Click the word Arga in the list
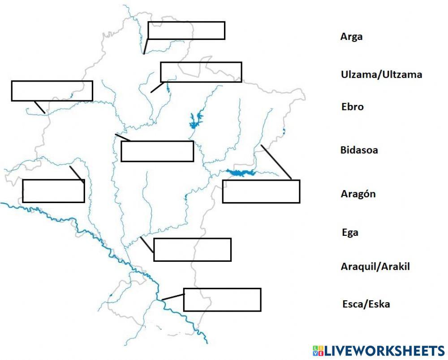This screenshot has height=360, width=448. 351,37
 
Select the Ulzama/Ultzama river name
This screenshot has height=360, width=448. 381,74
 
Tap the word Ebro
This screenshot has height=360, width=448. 352,107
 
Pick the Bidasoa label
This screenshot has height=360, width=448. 359,150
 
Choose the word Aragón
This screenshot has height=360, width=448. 358,194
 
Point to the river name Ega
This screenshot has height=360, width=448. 350,233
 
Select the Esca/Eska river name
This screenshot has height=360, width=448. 366,304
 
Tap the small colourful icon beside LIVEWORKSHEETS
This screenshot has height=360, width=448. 318,351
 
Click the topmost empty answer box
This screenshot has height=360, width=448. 186,30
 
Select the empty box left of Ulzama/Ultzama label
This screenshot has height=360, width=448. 201,72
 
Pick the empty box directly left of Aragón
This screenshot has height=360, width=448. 261,191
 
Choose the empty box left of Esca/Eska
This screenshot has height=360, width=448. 222,300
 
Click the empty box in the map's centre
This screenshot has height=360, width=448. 157,151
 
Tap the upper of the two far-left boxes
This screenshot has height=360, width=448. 52,91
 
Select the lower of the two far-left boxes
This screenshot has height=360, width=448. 53,191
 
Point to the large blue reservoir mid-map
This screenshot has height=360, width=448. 195,120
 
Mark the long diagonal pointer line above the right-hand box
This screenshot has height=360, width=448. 276,162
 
